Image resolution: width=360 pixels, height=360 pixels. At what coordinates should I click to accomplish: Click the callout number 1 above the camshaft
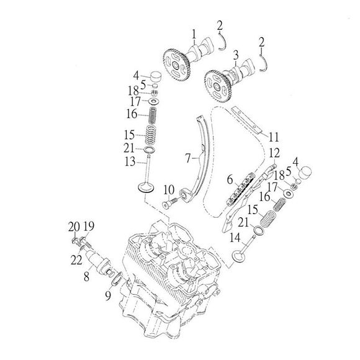pyautogui.click(x=194, y=35)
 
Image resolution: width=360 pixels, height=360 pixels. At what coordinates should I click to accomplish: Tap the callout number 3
pyautogui.click(x=236, y=55)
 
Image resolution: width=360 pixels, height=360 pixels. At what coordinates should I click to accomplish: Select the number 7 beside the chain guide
pyautogui.click(x=188, y=158)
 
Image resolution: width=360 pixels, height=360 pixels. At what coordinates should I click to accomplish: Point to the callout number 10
pyautogui.click(x=169, y=190)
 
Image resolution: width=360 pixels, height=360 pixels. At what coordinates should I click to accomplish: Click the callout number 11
pyautogui.click(x=274, y=137)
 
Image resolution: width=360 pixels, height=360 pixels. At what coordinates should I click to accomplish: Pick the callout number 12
pyautogui.click(x=274, y=153)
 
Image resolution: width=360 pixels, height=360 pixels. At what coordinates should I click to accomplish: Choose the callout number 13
pyautogui.click(x=130, y=161)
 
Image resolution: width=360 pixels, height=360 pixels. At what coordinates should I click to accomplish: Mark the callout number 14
pyautogui.click(x=235, y=238)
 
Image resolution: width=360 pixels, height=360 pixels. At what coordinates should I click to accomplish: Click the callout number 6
pyautogui.click(x=230, y=180)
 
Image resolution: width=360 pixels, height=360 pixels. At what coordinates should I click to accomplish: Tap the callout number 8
pyautogui.click(x=86, y=277)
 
